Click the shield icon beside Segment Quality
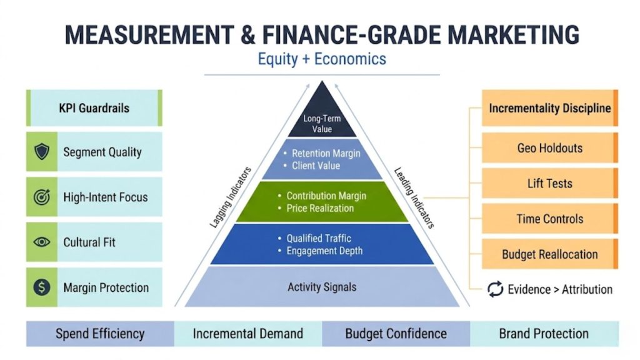(x=42, y=152)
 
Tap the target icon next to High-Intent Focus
(x=42, y=197)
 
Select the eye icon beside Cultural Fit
(x=42, y=242)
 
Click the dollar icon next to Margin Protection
(x=42, y=287)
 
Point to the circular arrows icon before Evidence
(x=495, y=289)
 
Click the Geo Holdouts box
(x=549, y=148)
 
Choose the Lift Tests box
(x=549, y=184)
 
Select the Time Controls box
(x=549, y=219)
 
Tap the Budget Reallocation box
(x=549, y=254)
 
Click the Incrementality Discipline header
(x=549, y=108)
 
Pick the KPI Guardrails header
(x=94, y=108)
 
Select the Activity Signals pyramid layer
(x=322, y=287)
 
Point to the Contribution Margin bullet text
(x=326, y=196)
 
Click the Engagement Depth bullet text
(x=324, y=251)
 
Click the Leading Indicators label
(x=413, y=197)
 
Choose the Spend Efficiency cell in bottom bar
(x=100, y=334)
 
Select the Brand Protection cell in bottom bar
(x=544, y=334)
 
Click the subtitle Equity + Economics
(x=322, y=59)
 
